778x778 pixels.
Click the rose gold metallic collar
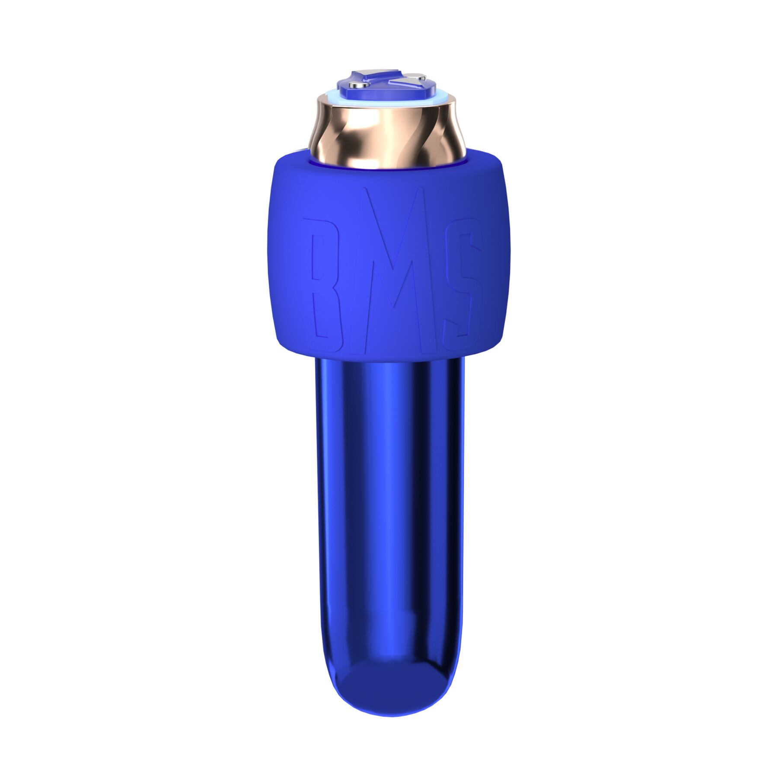click(x=385, y=134)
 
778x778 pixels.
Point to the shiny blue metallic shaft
click(x=389, y=497)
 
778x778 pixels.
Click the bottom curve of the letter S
click(x=458, y=328)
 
